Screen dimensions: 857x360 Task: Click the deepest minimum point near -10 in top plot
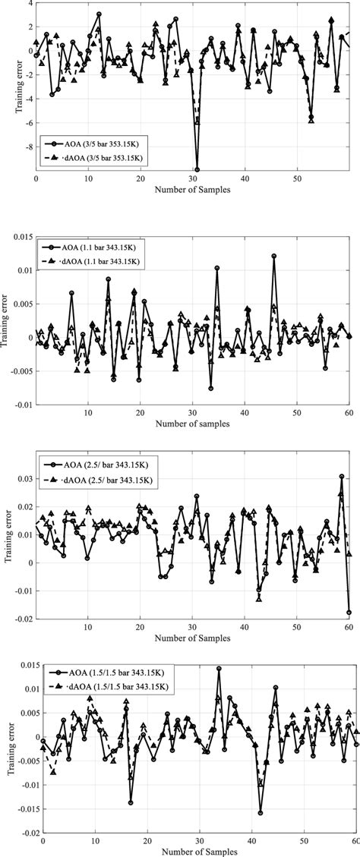point(197,169)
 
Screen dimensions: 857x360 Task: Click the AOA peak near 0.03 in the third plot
point(342,477)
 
